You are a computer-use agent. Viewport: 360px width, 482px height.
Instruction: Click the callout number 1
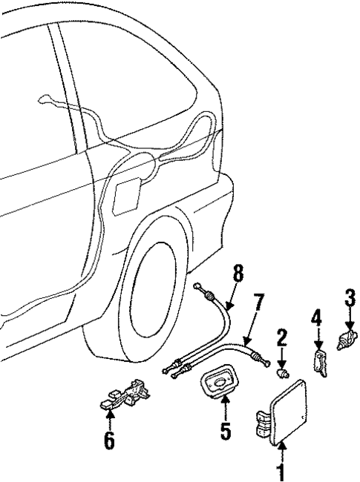pyautogui.click(x=281, y=471)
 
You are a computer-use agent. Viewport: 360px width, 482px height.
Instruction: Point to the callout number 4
pyautogui.click(x=316, y=320)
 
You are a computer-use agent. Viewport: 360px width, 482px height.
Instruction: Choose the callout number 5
pyautogui.click(x=225, y=430)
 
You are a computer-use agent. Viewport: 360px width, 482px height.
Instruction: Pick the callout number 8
pyautogui.click(x=238, y=274)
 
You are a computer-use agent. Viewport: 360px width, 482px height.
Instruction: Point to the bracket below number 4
pyautogui.click(x=318, y=363)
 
